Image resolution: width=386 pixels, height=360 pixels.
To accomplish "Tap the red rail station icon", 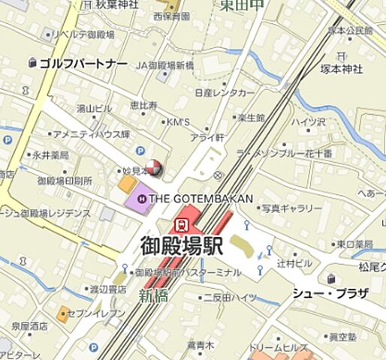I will click(x=180, y=223).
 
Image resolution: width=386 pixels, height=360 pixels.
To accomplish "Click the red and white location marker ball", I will click(x=153, y=168).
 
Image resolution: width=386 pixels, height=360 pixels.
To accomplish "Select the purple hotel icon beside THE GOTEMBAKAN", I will click(x=141, y=199).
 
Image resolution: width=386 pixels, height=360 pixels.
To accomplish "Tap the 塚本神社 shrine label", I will click(x=342, y=68).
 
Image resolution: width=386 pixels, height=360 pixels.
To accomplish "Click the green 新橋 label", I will click(x=152, y=296).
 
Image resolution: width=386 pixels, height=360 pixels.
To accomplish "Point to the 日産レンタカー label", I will click(x=224, y=92).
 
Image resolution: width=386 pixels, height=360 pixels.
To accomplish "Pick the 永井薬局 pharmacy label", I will click(x=50, y=155).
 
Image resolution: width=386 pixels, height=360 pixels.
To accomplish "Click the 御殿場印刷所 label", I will click(x=65, y=181).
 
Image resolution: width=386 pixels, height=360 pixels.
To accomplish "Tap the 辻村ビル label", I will click(x=294, y=264).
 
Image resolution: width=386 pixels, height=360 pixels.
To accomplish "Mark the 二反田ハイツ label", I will click(x=230, y=298).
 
